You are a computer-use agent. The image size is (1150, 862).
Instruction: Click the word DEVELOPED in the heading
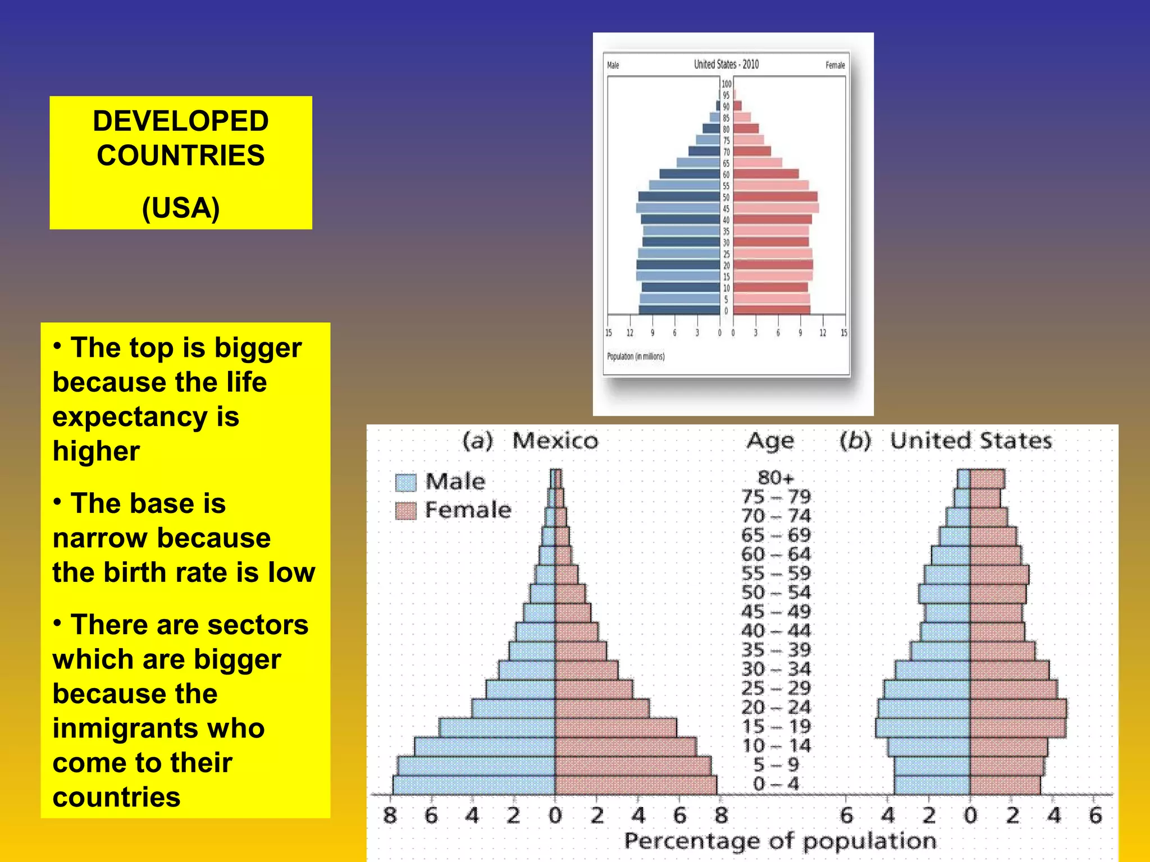tap(180, 121)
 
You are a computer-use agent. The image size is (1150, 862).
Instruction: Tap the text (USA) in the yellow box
tap(180, 208)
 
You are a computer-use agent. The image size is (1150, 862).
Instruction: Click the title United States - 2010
tap(725, 65)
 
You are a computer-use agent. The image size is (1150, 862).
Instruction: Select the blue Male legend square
tap(405, 482)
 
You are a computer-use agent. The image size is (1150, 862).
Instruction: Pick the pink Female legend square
tap(405, 511)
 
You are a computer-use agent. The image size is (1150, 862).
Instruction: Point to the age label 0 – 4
tap(775, 783)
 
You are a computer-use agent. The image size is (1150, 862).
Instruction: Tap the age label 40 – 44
tap(775, 631)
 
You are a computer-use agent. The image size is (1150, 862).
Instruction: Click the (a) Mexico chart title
tap(530, 441)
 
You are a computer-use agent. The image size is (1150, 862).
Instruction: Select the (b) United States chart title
tap(945, 441)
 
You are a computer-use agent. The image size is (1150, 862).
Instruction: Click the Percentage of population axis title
tap(780, 841)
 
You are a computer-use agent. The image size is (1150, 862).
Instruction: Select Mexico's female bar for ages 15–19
tap(615, 727)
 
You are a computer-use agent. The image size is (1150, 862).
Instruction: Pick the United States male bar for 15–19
tap(923, 727)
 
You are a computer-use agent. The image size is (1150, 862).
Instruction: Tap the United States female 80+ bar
tap(987, 479)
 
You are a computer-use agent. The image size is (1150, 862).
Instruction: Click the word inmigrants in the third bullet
tap(158, 728)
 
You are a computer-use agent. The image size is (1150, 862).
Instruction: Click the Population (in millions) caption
tap(635, 356)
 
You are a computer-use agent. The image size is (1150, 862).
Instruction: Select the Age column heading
tap(770, 441)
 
